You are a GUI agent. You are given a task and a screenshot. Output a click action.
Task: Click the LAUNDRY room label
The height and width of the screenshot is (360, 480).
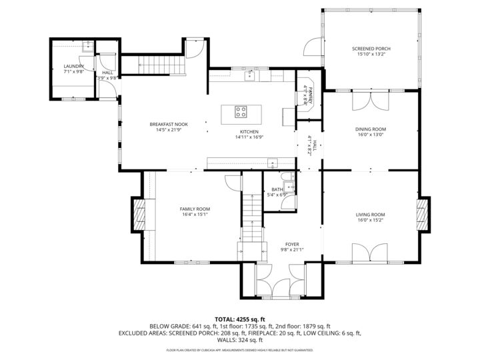pos(73,67)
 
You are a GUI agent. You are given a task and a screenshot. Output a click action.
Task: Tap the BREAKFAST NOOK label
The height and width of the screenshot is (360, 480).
pos(169,124)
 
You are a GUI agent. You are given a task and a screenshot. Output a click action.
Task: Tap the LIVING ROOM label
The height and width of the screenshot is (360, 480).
pos(371,214)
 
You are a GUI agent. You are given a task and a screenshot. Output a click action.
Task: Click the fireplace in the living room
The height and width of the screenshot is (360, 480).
pos(421,214)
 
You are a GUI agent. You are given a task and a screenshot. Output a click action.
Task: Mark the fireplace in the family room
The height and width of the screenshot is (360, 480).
pos(140,214)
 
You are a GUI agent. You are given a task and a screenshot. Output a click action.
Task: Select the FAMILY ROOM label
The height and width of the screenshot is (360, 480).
pos(195,209)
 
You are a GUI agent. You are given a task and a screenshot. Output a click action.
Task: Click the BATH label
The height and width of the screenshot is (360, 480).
pos(276,189)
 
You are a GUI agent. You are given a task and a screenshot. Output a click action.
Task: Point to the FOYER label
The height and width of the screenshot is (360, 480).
pos(292,244)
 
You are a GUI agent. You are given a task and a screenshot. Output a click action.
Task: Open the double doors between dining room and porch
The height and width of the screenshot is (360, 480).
pos(371,100)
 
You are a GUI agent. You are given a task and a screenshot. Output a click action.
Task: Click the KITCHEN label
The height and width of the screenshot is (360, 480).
pos(249,131)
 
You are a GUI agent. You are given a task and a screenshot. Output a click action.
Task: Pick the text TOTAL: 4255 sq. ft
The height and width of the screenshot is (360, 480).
pos(240,319)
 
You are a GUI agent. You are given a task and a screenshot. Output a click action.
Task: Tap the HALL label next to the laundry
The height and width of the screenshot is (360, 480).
pos(107,73)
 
